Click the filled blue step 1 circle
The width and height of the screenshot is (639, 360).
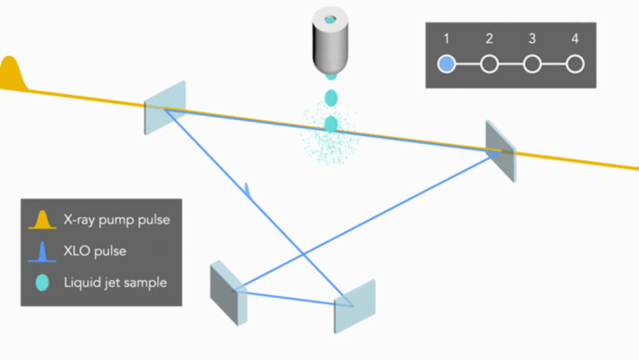[x=447, y=64]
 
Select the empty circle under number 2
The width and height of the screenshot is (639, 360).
[x=489, y=64]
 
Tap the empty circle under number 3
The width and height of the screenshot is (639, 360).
[x=532, y=64]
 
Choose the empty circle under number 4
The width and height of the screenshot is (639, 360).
[x=575, y=64]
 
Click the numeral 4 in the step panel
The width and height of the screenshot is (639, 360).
[x=575, y=40]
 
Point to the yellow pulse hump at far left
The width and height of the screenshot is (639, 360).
[x=11, y=75]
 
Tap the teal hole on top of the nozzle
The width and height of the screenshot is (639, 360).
[x=331, y=20]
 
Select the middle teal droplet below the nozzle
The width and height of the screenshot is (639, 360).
[x=331, y=97]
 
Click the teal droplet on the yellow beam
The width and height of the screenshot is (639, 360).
[x=331, y=124]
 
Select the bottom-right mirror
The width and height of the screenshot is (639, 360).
[x=355, y=305]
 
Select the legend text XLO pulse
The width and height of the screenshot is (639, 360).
[x=95, y=251]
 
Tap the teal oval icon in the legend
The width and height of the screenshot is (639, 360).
[x=43, y=282]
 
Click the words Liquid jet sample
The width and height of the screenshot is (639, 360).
[x=115, y=282]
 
